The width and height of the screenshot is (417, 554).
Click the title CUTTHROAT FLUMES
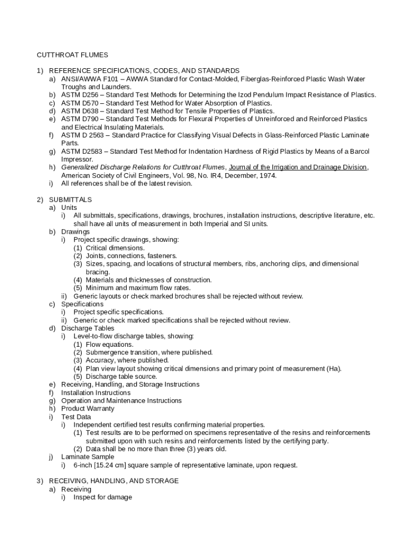click(72, 55)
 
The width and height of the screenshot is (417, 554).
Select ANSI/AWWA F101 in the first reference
click(88, 79)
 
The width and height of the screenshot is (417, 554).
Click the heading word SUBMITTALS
click(70, 200)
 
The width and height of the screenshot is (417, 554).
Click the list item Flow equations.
click(109, 344)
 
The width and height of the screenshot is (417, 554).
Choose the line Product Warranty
click(88, 408)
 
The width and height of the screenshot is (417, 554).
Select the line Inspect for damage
click(102, 497)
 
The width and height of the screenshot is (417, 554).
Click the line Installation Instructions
click(95, 392)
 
